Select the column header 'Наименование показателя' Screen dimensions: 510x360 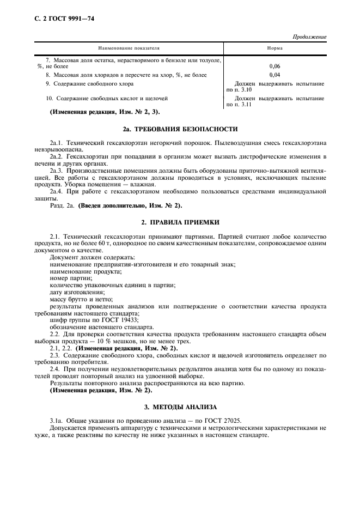point(129,48)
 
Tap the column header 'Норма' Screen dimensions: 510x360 point(274,48)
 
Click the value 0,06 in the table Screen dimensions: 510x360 point(274,66)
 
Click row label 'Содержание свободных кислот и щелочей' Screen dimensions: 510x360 point(106,98)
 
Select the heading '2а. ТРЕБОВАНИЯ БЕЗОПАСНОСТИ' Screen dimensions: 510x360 point(180,129)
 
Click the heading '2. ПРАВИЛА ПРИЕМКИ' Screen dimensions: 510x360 point(180,222)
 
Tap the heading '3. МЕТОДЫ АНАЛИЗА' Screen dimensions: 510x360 point(180,406)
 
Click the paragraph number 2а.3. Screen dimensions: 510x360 point(57,171)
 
